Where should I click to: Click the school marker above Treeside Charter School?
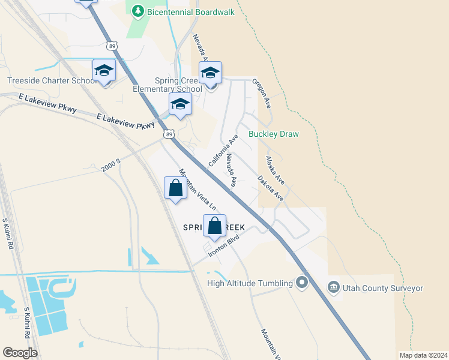[x=104, y=71]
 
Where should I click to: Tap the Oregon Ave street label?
[x=262, y=94]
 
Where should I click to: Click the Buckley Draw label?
[x=274, y=134]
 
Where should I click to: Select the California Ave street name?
[x=223, y=151]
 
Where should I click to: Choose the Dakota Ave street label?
[x=270, y=187]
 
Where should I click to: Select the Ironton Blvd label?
[x=224, y=245]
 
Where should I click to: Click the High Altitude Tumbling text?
[x=249, y=283]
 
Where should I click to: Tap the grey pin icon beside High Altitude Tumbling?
[x=302, y=282]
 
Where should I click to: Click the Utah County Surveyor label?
[x=383, y=288]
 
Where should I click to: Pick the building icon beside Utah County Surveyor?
[x=333, y=288]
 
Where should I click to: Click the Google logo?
[x=20, y=353]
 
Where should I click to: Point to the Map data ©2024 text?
[x=423, y=355]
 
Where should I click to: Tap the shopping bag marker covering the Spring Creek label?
[x=214, y=226]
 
